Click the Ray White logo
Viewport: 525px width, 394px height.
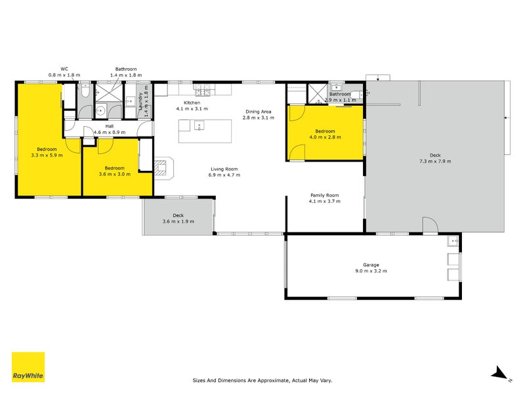tap(28, 367)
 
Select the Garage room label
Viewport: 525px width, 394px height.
tap(371, 264)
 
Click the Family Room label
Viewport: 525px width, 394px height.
tap(324, 195)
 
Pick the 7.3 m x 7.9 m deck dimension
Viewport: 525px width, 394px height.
tap(435, 161)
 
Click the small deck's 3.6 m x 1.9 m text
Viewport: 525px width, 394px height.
tap(178, 221)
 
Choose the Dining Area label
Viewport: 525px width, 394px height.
tap(258, 112)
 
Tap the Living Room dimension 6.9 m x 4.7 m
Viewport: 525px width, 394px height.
tap(222, 175)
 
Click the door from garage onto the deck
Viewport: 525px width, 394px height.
tap(430, 226)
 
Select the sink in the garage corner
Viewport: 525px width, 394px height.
tap(453, 242)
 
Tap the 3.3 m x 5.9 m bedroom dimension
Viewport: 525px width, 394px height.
tap(47, 156)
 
